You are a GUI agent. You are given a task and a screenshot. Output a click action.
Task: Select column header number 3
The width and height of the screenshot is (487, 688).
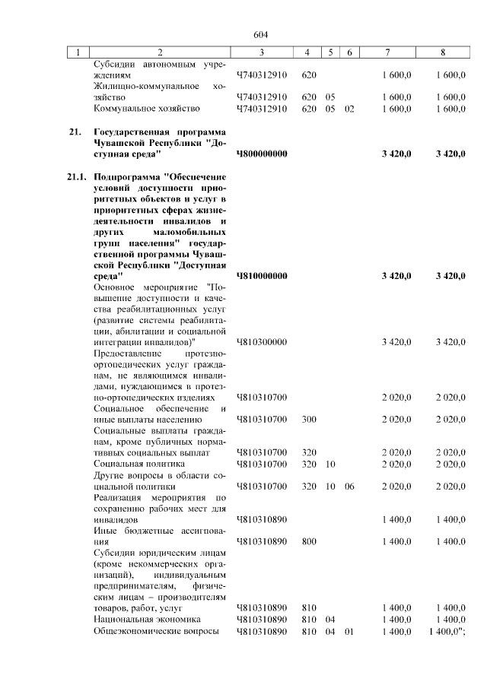tap(261, 52)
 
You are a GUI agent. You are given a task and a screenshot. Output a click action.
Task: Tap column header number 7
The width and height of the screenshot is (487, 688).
tap(388, 52)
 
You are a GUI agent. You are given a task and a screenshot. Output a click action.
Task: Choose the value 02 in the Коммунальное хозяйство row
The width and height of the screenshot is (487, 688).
tap(349, 109)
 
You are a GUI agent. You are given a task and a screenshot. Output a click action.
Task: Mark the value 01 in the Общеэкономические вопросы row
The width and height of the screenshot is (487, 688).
tap(349, 632)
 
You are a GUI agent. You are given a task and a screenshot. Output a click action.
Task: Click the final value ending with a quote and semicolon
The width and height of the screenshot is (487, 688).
tap(447, 632)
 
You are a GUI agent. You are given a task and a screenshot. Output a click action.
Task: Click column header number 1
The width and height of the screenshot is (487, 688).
tap(78, 52)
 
